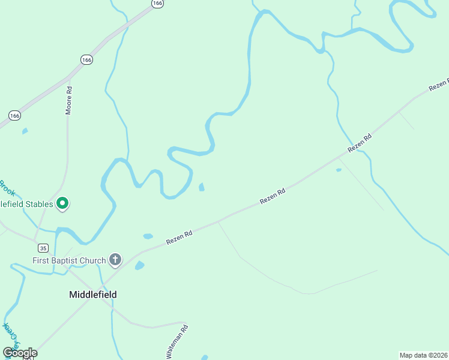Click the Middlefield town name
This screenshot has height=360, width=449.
tap(92, 295)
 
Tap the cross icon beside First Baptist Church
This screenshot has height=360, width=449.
tap(115, 260)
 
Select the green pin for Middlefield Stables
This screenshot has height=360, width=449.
tap(62, 205)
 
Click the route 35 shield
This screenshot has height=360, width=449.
tap(42, 248)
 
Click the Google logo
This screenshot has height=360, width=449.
tap(20, 353)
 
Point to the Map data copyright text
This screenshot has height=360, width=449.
tap(424, 355)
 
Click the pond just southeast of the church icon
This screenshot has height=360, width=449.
tap(139, 265)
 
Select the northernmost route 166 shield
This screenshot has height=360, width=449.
tap(157, 4)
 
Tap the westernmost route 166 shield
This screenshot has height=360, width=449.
tap(15, 115)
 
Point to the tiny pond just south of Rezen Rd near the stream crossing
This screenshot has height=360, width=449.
tap(339, 170)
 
